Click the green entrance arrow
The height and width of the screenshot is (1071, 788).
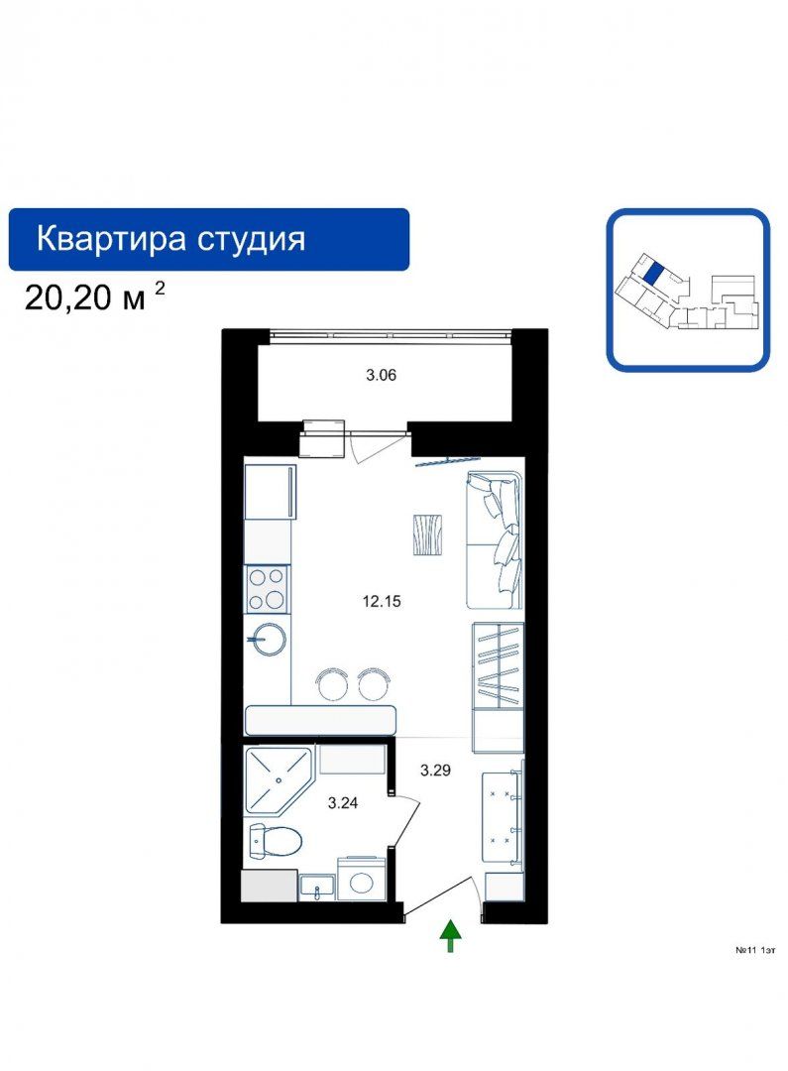(450, 935)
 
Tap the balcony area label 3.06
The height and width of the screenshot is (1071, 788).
(381, 375)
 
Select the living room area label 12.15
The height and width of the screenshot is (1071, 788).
(382, 602)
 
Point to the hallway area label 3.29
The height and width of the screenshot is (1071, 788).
(435, 771)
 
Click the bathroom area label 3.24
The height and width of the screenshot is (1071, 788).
(343, 803)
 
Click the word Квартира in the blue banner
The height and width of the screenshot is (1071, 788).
(111, 239)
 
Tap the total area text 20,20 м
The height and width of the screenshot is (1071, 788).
(84, 298)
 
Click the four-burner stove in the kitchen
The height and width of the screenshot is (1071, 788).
(267, 589)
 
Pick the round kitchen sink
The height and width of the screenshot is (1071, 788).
(267, 640)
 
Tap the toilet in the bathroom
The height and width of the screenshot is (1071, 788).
(275, 841)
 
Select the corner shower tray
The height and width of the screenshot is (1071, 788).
(278, 779)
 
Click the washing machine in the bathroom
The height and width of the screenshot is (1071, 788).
(362, 879)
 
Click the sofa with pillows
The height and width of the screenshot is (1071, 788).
(495, 538)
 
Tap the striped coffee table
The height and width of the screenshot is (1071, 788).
(427, 535)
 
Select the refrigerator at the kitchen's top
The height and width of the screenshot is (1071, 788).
(270, 493)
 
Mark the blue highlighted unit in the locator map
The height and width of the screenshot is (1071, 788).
(653, 274)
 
